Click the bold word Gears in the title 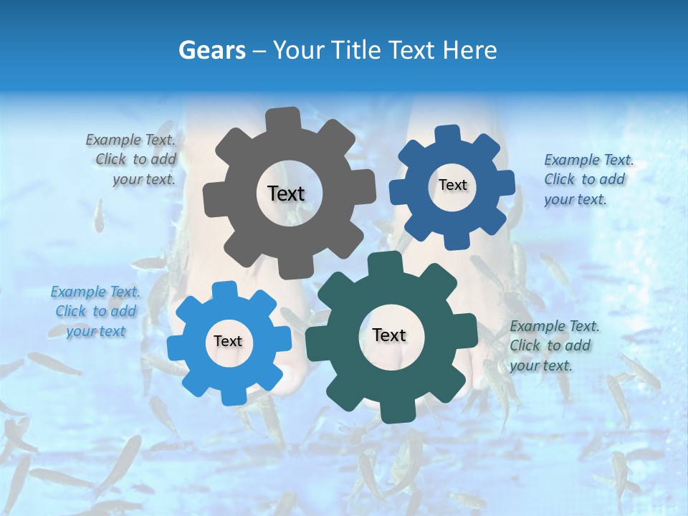[211, 50]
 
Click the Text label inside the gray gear [286, 193]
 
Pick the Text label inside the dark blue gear [452, 185]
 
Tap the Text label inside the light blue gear [228, 341]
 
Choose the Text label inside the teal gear [389, 335]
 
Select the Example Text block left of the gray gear [133, 160]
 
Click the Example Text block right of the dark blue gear [588, 179]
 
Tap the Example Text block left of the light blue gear [96, 311]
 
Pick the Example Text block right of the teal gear [553, 345]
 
